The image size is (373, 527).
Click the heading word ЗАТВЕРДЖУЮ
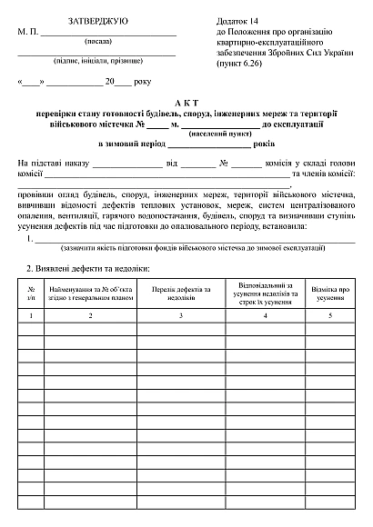(97, 19)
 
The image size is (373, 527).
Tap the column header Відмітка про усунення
(330, 293)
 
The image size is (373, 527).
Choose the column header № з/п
(31, 293)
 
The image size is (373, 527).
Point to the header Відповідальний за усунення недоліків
(265, 288)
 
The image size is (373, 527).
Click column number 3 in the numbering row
(181, 315)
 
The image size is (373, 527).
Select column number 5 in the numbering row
(330, 315)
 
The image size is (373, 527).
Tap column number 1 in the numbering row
(31, 315)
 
